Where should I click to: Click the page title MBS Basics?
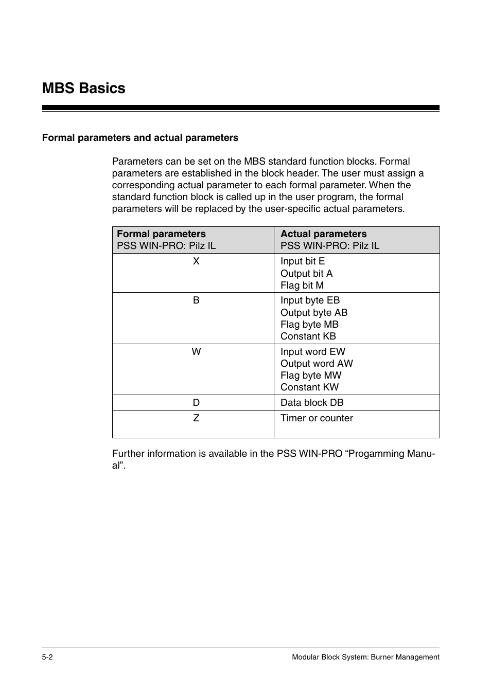coord(83,88)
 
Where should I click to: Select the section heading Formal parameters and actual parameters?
coord(140,138)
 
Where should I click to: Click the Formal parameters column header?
coord(161,234)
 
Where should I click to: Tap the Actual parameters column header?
coord(323,234)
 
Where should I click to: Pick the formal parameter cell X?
coord(196,261)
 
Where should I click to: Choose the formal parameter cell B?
coord(196,300)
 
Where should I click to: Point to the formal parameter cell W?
coord(196,352)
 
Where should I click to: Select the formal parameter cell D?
coord(196,403)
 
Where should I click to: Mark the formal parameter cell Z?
coord(196,418)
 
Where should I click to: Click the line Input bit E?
coord(303,261)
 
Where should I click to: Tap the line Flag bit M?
coord(302,286)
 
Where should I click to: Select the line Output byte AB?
coord(314,313)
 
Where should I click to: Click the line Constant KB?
coord(308,336)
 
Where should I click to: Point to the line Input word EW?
coord(313,352)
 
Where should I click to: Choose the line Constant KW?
coord(309,387)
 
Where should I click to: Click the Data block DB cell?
coord(312,403)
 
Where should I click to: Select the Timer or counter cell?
coord(317,418)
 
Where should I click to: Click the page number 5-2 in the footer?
coord(48,657)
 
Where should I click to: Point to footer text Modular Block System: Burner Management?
coord(365,657)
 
